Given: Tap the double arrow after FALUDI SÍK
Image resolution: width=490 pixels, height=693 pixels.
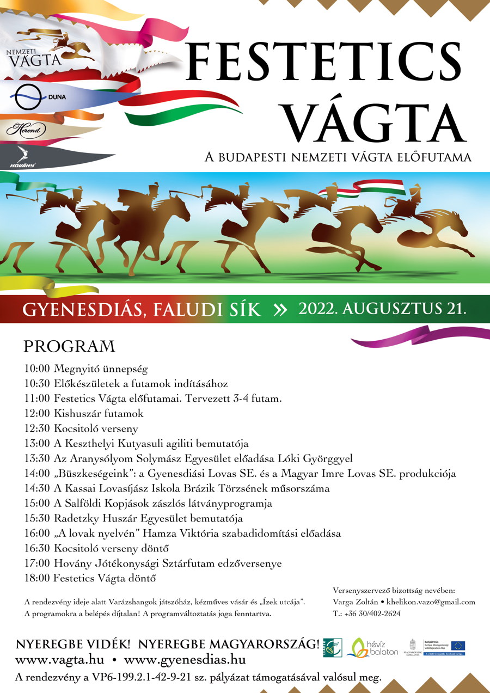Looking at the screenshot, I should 279,310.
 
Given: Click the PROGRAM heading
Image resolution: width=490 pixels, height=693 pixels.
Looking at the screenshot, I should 69,347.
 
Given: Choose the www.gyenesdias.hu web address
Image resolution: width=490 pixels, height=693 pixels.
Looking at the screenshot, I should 185,660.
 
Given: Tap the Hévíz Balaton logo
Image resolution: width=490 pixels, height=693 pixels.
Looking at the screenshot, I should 376,647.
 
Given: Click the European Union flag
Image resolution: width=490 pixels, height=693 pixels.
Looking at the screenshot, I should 458,646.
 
